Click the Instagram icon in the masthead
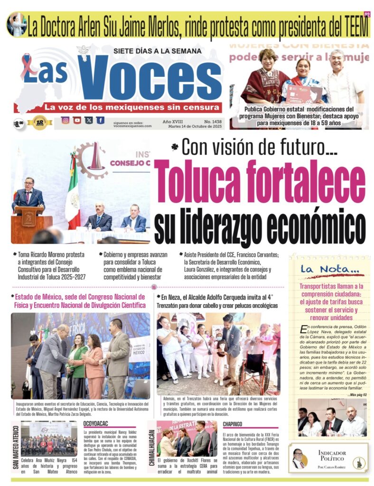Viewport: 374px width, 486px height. click(65, 120)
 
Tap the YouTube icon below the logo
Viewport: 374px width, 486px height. click(77, 120)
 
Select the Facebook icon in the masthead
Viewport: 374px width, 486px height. click(100, 120)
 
